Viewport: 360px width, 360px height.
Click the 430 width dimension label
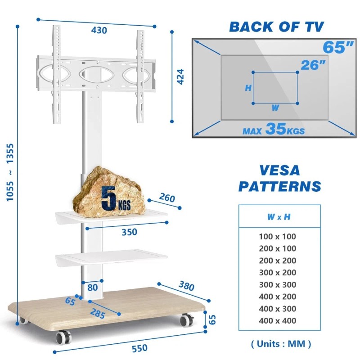[99, 31]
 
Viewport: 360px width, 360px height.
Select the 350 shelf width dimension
[129, 232]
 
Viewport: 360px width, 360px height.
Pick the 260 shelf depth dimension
[166, 198]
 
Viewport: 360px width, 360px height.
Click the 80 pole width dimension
[93, 287]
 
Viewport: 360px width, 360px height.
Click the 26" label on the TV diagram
[313, 65]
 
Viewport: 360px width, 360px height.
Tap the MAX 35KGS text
[273, 130]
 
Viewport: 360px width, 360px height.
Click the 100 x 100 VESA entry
[278, 236]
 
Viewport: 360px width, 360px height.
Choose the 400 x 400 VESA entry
[278, 321]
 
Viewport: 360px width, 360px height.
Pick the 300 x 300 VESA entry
[278, 284]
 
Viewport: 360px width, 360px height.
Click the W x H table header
[279, 217]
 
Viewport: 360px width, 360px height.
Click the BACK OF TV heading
[276, 27]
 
